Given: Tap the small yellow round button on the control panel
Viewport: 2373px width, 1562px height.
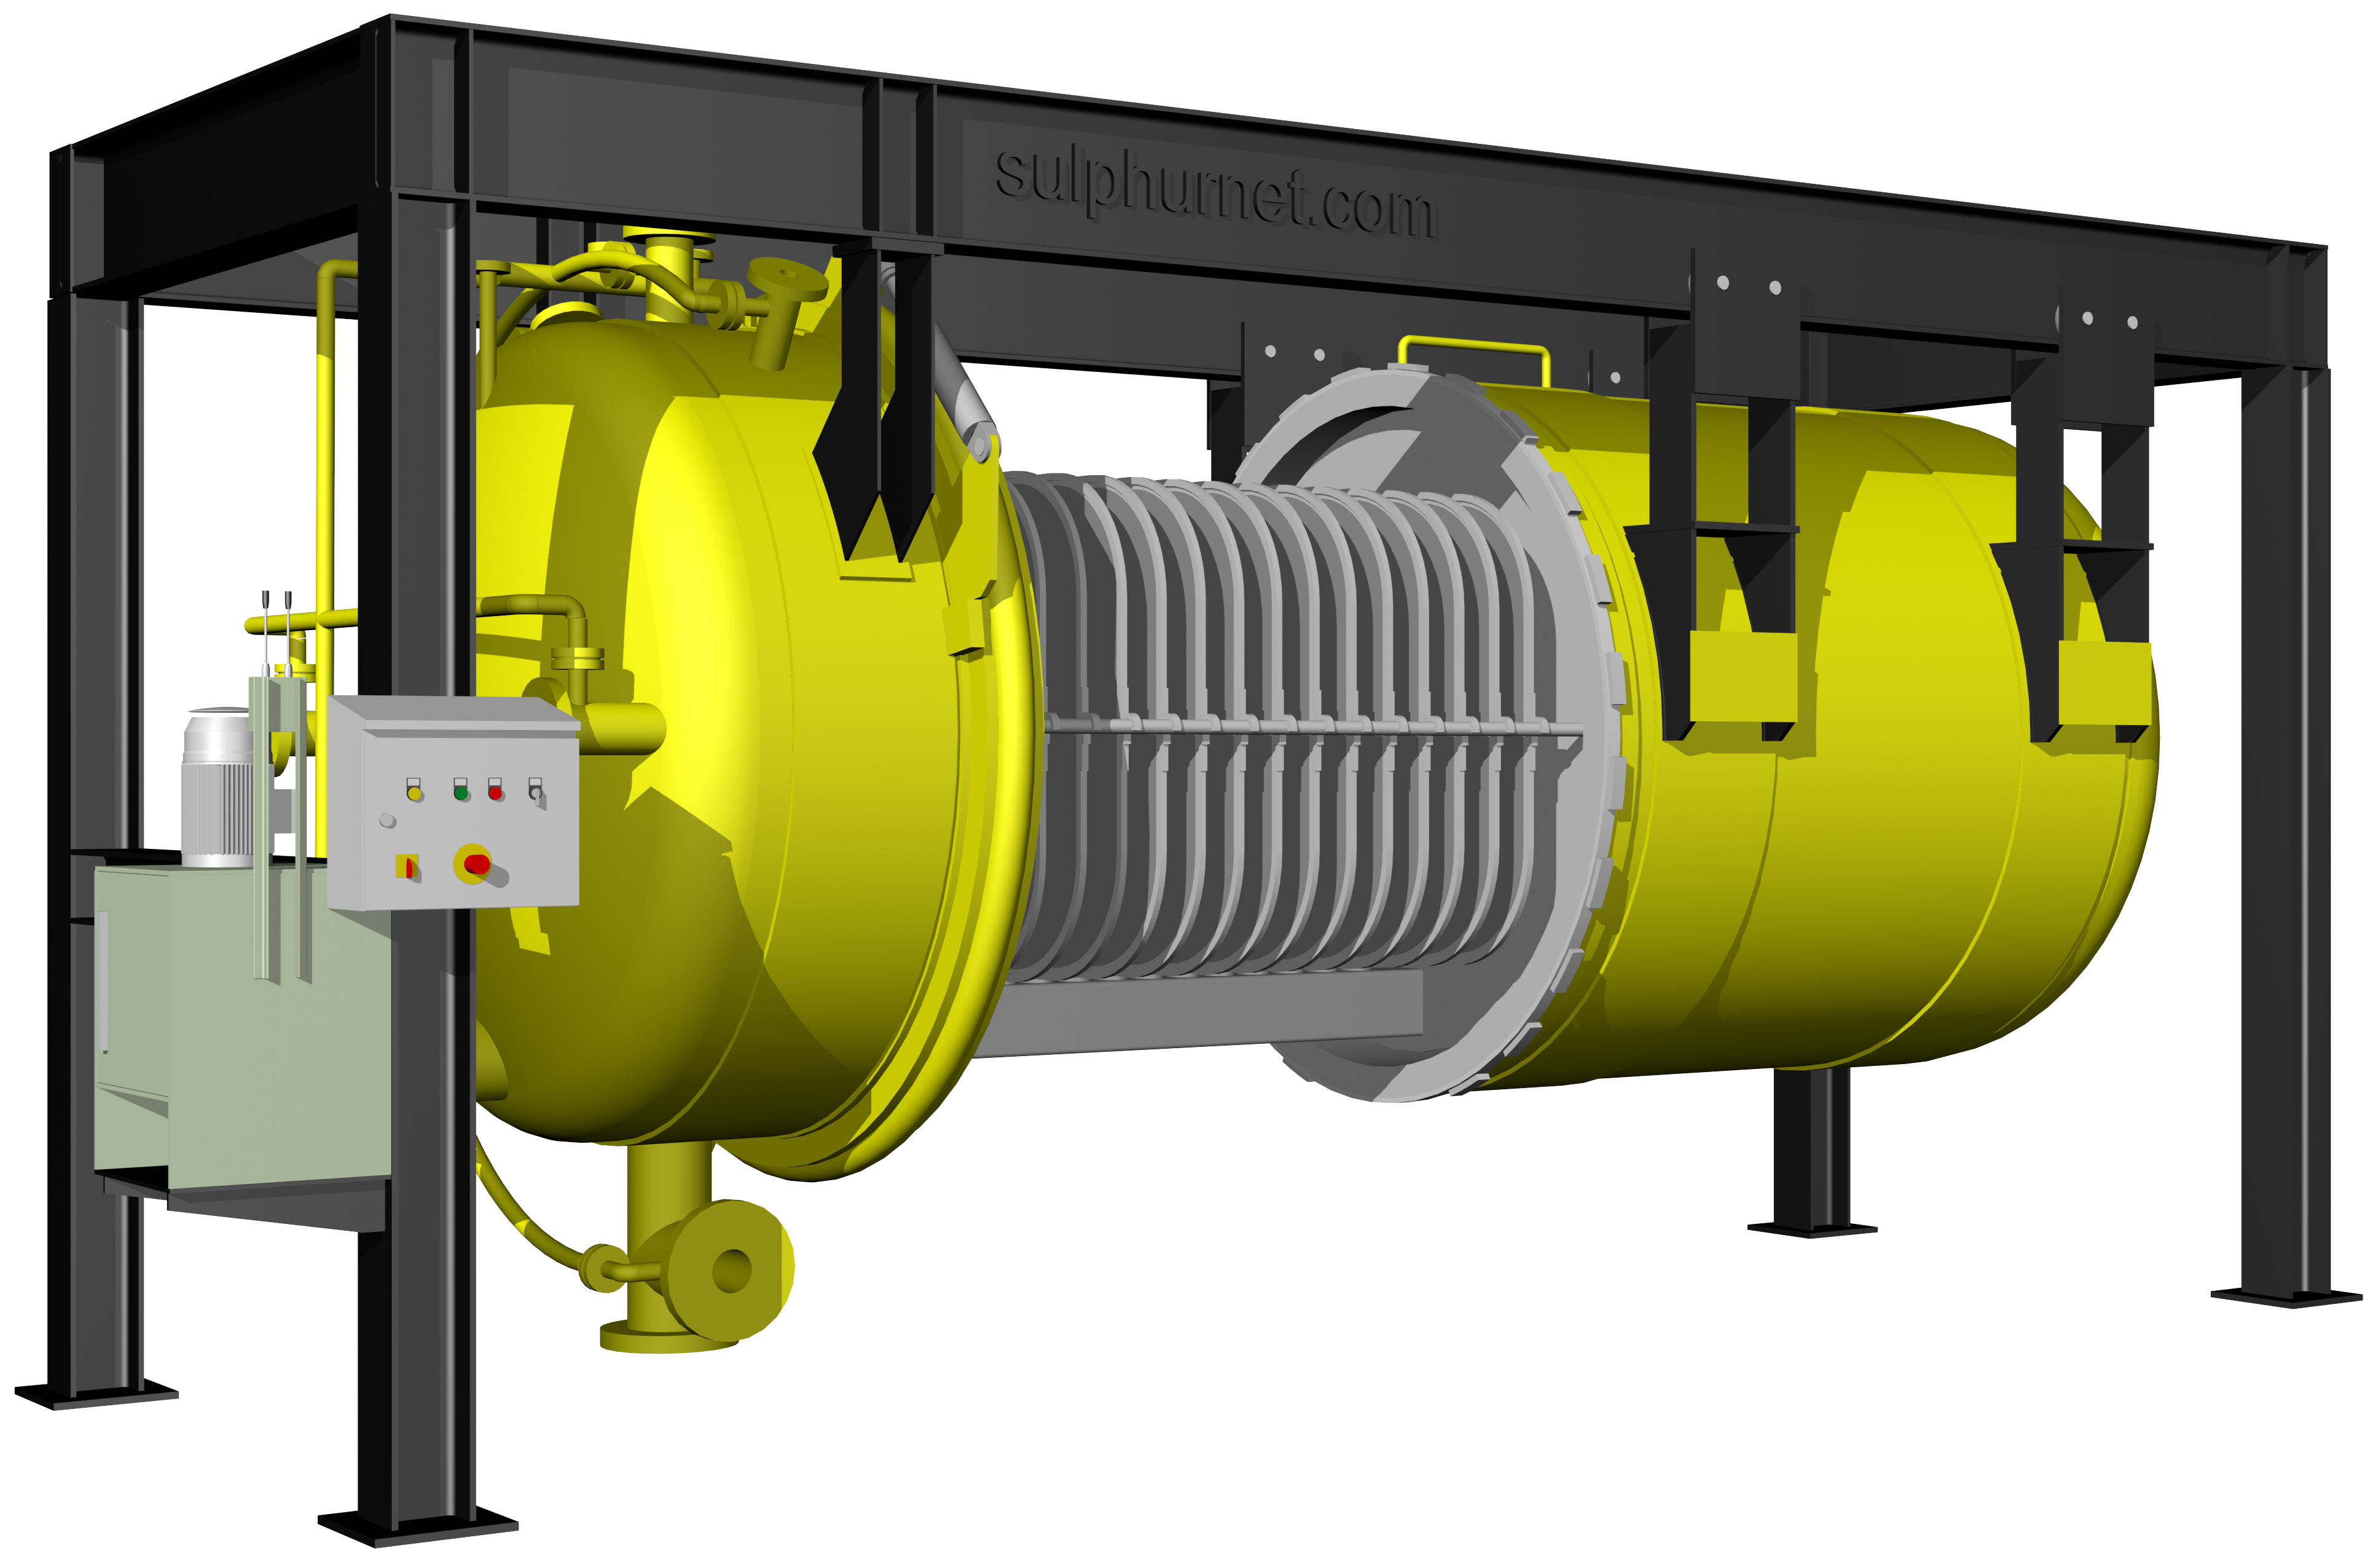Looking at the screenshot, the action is (415, 793).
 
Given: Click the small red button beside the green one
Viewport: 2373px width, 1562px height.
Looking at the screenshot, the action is (495, 793).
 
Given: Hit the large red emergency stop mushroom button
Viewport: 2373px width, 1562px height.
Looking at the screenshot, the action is (476, 863).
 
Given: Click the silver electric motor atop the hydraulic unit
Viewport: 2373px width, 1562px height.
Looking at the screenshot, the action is (218, 785).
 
